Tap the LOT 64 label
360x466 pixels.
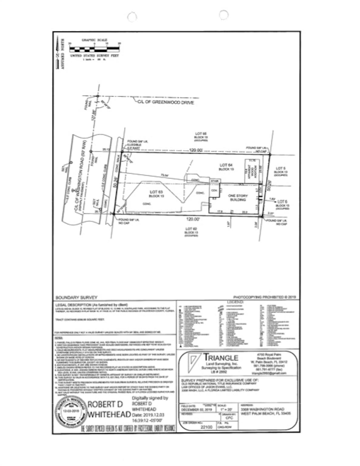pos(226,165)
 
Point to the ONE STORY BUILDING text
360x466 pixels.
pos(238,198)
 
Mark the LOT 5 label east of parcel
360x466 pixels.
pos(281,168)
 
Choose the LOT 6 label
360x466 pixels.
pos(282,202)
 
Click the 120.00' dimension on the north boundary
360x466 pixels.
pos(196,150)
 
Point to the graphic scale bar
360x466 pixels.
pos(94,48)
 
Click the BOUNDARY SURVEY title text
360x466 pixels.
pos(76,298)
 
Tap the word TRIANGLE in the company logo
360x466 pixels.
pos(221,358)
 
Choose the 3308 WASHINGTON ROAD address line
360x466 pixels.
pos(262,409)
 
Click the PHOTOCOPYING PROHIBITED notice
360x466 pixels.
pos(264,297)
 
